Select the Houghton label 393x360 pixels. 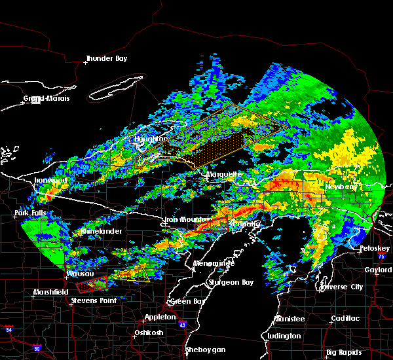pyautogui.click(x=150, y=139)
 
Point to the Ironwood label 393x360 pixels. pyautogui.click(x=50, y=180)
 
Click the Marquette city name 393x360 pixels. pyautogui.click(x=224, y=175)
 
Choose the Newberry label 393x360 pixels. pyautogui.click(x=343, y=187)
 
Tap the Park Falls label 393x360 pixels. pyautogui.click(x=29, y=213)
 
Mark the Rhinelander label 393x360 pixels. pyautogui.click(x=100, y=231)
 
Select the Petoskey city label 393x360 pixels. pyautogui.click(x=375, y=249)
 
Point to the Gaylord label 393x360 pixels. pyautogui.click(x=377, y=270)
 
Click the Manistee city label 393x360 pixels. pyautogui.click(x=288, y=319)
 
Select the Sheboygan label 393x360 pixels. pyautogui.click(x=204, y=350)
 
